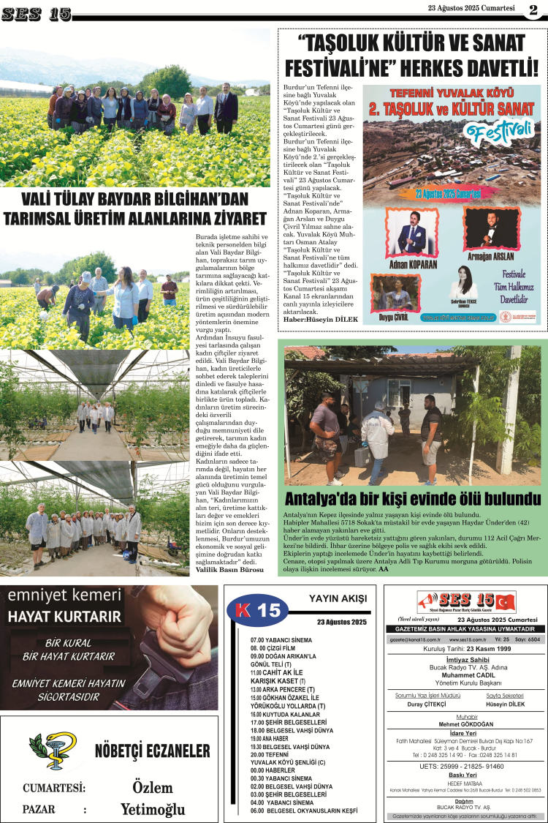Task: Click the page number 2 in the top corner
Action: (x=534, y=10)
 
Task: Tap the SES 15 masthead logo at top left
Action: (x=36, y=12)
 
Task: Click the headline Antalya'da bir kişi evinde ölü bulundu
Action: (x=413, y=500)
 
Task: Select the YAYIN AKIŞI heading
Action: (x=338, y=598)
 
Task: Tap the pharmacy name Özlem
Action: (x=152, y=787)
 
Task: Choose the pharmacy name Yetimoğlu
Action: (x=153, y=809)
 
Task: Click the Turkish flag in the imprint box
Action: (x=506, y=602)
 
